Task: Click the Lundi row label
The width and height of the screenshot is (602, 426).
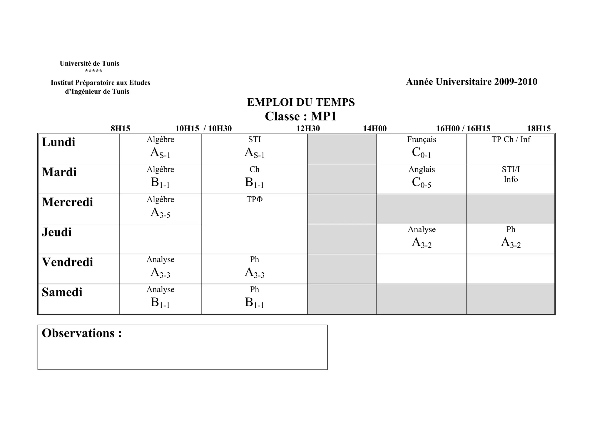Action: click(58, 142)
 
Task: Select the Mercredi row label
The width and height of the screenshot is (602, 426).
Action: click(67, 202)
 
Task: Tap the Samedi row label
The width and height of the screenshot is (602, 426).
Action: click(62, 292)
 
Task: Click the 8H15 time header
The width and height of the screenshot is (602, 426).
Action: click(120, 129)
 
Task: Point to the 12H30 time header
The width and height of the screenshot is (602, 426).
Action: click(308, 129)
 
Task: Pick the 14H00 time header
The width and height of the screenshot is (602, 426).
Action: click(375, 129)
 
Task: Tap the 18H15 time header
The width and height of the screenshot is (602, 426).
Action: click(539, 129)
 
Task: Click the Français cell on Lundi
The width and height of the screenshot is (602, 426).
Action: click(422, 140)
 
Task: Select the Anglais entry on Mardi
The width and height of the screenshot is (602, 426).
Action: click(422, 170)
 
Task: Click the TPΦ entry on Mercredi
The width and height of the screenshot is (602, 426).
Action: click(255, 200)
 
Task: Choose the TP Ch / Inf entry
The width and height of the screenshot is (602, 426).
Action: click(511, 140)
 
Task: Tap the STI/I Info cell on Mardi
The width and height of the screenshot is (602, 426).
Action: click(511, 174)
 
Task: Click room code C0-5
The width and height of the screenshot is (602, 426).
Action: click(422, 183)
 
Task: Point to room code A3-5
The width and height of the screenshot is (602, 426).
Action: click(160, 213)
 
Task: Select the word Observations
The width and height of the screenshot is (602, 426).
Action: click(78, 333)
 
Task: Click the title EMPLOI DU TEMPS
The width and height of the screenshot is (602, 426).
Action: click(301, 102)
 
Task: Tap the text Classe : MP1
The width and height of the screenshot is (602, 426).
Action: click(301, 117)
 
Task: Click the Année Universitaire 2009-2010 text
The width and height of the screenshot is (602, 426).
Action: click(471, 82)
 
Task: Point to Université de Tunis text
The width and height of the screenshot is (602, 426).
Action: click(89, 64)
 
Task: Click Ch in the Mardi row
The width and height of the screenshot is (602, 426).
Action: click(255, 170)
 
